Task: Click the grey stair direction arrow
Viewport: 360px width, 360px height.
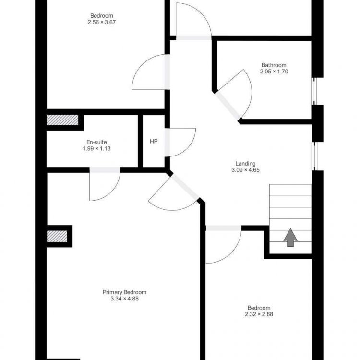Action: click(x=290, y=238)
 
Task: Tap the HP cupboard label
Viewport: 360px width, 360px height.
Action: click(x=154, y=142)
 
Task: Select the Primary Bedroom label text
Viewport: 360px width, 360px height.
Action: click(x=124, y=292)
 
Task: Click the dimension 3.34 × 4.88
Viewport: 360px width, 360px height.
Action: click(x=124, y=299)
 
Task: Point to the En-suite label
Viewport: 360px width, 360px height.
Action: click(x=96, y=142)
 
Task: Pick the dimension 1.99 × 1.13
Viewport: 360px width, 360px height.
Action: click(x=96, y=148)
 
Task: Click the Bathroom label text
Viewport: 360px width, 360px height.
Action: click(x=274, y=65)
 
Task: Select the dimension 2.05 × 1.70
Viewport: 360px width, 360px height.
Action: click(x=274, y=72)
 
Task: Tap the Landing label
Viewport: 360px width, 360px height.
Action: click(x=245, y=164)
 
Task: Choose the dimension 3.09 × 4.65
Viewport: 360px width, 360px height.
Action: click(x=245, y=170)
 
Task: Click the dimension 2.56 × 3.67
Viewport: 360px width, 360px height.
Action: click(x=101, y=22)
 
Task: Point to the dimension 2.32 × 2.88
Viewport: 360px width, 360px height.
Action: click(x=259, y=314)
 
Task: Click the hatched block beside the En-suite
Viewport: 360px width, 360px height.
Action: click(x=62, y=120)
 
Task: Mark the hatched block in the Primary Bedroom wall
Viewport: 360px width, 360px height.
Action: click(x=57, y=236)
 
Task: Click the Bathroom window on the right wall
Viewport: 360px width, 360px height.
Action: click(x=314, y=91)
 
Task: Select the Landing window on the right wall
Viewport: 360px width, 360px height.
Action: click(x=314, y=156)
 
